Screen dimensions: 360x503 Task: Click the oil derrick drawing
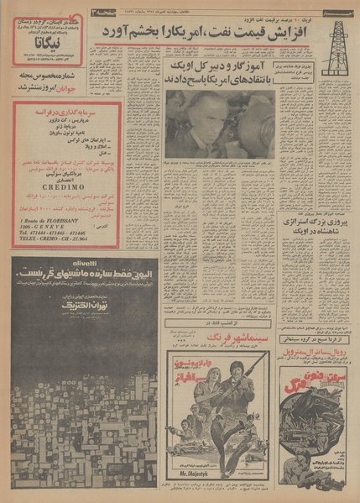click(337, 47)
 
